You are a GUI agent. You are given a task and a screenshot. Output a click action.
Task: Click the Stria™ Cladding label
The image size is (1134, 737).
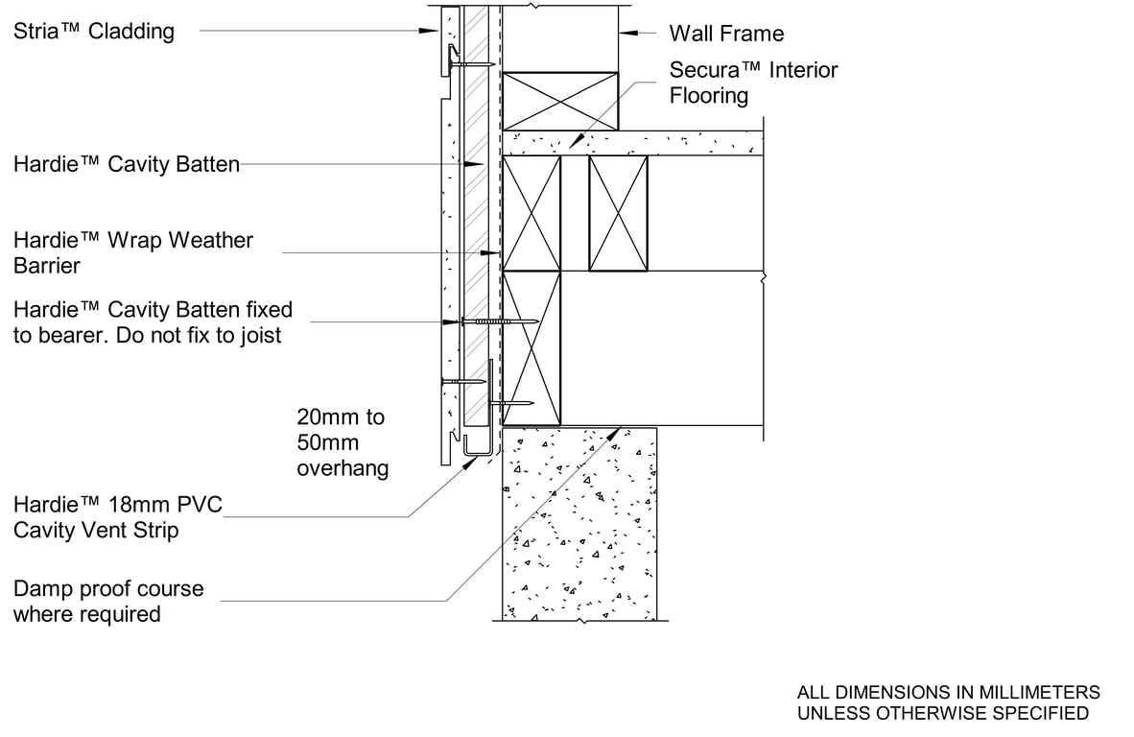coord(94,32)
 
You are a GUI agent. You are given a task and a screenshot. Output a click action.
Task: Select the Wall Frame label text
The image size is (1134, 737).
coord(726,35)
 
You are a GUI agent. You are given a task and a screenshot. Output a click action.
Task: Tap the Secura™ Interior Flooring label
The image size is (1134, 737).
coord(753,83)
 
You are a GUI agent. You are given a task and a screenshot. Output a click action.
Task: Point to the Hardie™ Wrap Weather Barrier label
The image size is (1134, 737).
coord(133,252)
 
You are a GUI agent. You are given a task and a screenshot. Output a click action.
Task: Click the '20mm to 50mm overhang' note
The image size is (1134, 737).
coord(343,442)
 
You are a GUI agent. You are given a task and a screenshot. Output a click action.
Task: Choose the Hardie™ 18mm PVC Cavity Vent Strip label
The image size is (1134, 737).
coord(117,517)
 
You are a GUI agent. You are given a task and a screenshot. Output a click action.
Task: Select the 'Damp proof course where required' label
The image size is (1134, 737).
coord(108,601)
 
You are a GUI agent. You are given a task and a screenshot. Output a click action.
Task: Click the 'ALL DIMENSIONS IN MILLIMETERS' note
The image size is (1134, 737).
coord(949,692)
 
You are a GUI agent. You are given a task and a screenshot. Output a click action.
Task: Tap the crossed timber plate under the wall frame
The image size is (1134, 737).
coord(561,100)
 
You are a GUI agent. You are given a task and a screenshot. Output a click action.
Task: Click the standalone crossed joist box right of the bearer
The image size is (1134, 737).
coord(618,213)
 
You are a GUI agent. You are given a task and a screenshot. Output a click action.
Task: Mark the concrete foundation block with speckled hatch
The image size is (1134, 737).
coord(579,523)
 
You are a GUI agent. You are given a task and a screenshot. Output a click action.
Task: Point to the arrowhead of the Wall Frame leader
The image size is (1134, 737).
coord(624,34)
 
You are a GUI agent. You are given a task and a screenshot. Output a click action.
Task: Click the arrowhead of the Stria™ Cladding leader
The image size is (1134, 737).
coord(435,32)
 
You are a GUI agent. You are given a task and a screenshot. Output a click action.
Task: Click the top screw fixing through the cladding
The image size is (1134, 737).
coord(470,64)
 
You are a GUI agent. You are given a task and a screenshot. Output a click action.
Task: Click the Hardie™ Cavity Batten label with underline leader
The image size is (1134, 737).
coord(126,165)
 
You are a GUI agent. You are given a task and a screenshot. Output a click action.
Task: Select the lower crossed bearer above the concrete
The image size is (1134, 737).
coord(532,348)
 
